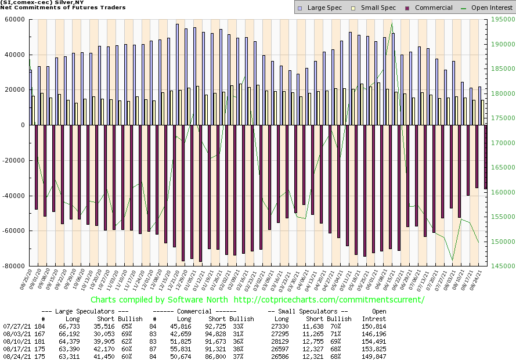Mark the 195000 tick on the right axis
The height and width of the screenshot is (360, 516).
point(500,19)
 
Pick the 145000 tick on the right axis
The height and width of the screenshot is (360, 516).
point(500,266)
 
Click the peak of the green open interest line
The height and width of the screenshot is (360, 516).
point(392,23)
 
